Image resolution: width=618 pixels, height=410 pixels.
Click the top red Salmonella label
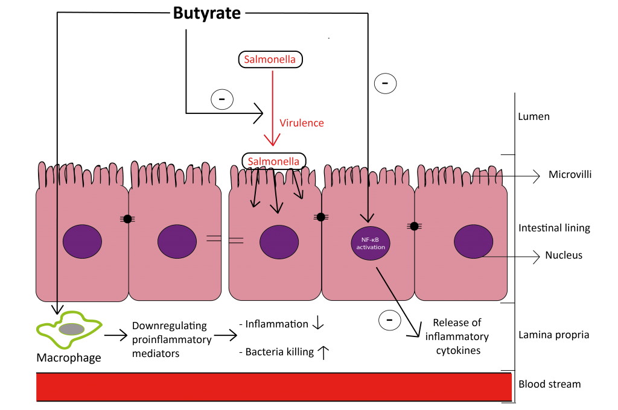tap(270, 60)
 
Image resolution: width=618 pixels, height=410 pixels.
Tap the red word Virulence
tap(302, 123)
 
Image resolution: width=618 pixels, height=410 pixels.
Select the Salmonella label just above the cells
tap(273, 162)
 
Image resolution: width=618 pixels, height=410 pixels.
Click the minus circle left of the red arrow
tap(222, 99)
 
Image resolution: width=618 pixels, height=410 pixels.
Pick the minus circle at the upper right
tap(385, 84)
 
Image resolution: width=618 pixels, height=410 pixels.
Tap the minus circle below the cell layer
tap(389, 320)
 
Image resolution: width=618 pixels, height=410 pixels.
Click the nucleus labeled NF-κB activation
tap(371, 244)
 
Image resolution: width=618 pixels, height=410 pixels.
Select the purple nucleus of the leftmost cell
tap(82, 241)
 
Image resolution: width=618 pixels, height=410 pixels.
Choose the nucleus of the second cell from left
tap(177, 241)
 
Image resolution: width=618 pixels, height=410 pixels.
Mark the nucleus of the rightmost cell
tap(473, 241)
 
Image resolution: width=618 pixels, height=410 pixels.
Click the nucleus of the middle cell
tap(279, 242)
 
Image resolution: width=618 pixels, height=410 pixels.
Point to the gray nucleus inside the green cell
tap(71, 329)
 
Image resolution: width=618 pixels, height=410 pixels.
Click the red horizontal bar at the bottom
tap(274, 386)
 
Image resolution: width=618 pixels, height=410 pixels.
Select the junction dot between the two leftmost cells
tap(127, 219)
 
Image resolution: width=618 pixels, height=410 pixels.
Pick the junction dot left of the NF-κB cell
tap(320, 217)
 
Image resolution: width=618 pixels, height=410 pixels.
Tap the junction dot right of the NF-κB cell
tap(414, 226)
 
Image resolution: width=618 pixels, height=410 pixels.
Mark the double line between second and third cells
tap(225, 239)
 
